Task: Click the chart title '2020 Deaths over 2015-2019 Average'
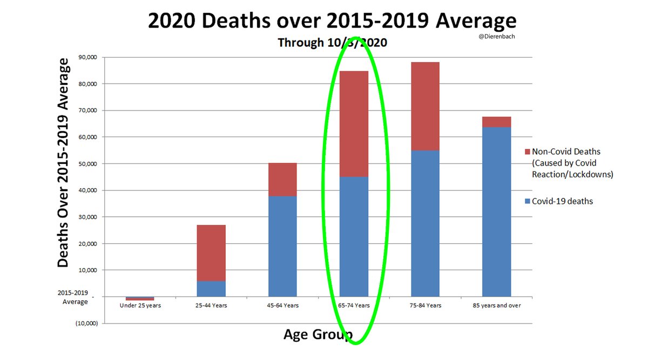click(x=332, y=21)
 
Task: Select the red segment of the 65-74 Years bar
click(x=354, y=124)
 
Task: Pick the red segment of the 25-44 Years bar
click(x=211, y=253)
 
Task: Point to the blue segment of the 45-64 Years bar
click(x=282, y=246)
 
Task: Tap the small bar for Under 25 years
click(x=140, y=298)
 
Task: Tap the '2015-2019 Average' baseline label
click(x=75, y=298)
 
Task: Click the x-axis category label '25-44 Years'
click(x=211, y=305)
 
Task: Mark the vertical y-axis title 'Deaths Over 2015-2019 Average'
click(x=63, y=162)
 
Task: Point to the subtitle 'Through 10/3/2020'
click(x=332, y=43)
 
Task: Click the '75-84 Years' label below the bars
click(x=425, y=305)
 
